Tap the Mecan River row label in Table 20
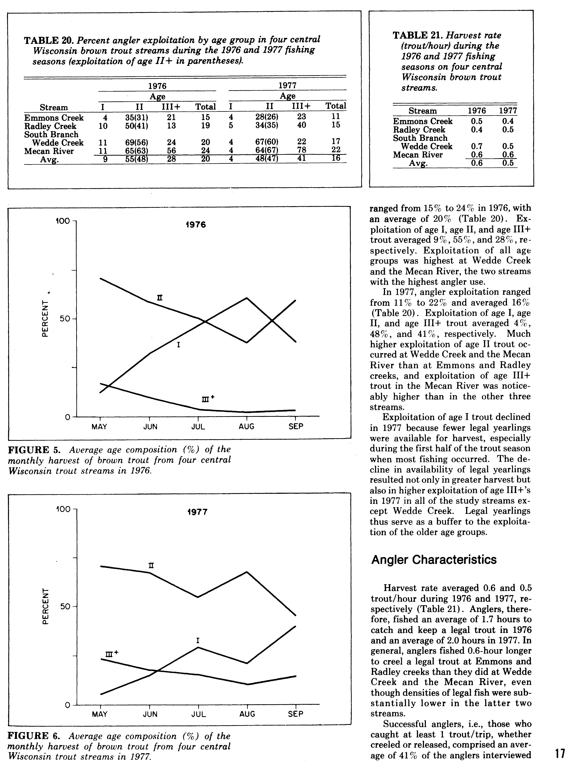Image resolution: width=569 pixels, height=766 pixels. (49, 151)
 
